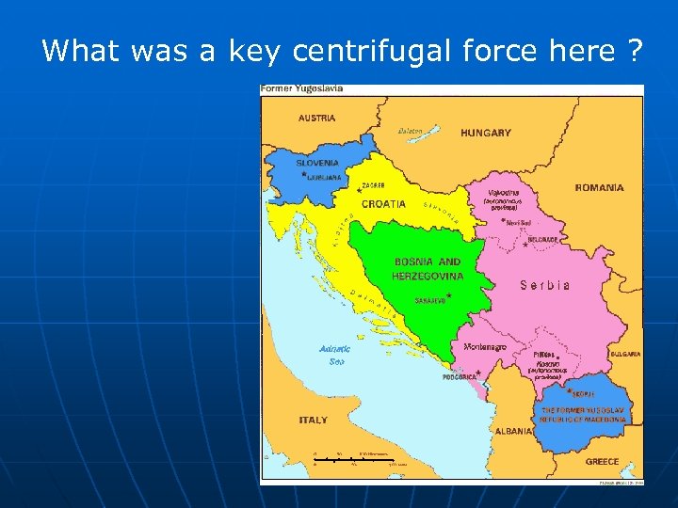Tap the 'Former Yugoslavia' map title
tap(302, 88)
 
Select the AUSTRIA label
tap(317, 119)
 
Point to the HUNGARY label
tap(486, 133)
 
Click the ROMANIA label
tap(600, 187)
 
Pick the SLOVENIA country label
tap(317, 163)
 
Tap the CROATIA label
tap(384, 204)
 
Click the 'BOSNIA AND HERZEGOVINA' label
tap(428, 269)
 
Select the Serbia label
tap(545, 285)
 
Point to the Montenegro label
tap(486, 346)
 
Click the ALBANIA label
tap(513, 430)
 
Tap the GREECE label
tap(602, 462)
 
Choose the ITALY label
tap(314, 420)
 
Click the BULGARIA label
tap(625, 354)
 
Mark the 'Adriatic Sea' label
tap(334, 355)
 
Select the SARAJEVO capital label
tap(428, 301)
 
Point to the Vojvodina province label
tap(504, 192)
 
